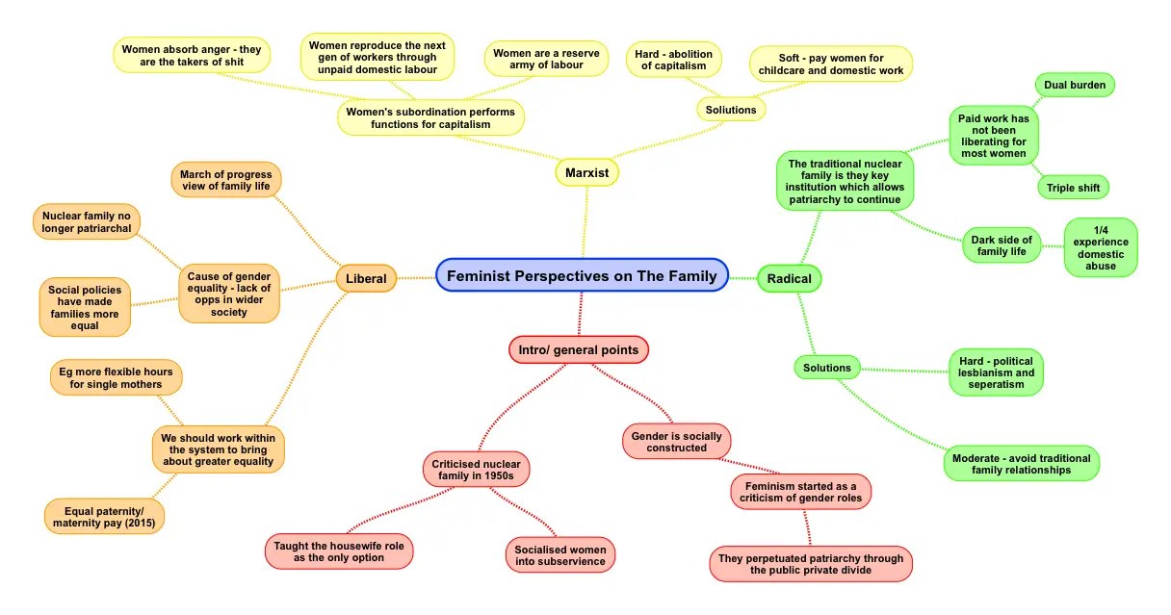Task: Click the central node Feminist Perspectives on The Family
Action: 582,276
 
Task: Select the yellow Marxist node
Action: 586,172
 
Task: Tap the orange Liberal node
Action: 366,279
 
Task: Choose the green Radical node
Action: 790,279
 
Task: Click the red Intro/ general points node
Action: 579,350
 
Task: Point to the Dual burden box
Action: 1074,86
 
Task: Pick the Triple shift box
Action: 1073,188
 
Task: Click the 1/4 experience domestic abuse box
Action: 1100,247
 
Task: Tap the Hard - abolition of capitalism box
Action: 674,60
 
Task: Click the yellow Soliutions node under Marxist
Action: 731,110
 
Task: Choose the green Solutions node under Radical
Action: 827,368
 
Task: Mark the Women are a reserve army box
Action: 546,60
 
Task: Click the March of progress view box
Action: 225,180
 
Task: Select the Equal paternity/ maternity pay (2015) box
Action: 104,517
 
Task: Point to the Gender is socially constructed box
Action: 676,442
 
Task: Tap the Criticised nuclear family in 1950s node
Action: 475,471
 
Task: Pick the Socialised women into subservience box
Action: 559,555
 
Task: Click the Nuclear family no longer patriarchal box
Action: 87,221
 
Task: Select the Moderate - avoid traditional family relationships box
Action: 1021,464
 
